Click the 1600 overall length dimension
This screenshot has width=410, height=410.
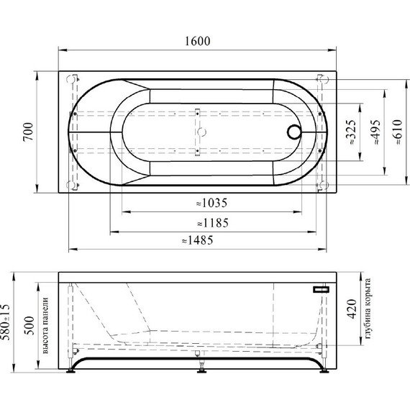coord(197,41)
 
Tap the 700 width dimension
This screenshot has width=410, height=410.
coord(28,132)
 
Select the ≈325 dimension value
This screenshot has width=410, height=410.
coord(351,132)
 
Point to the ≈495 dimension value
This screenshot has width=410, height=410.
coord(375,132)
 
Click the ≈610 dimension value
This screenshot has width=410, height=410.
coord(397,132)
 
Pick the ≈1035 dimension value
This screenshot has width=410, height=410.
coord(211,203)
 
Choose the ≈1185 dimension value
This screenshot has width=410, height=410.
coord(213,223)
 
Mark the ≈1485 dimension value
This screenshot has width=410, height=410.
coord(198,240)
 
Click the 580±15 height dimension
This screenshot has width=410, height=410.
coord(5,322)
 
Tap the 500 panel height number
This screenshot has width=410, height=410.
coord(29,326)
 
